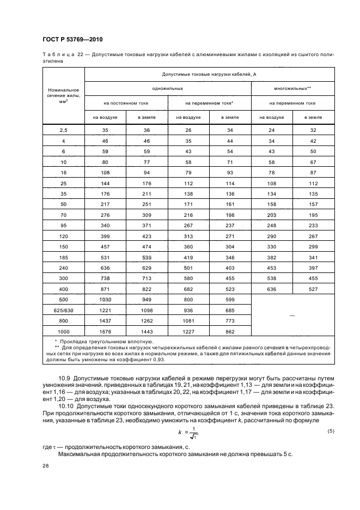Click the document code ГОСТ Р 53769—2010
pos(72,40)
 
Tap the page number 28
pos(45,466)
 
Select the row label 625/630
pos(64,311)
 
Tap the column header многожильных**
pos(292,88)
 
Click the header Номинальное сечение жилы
pos(64,95)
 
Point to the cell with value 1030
pos(105,300)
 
